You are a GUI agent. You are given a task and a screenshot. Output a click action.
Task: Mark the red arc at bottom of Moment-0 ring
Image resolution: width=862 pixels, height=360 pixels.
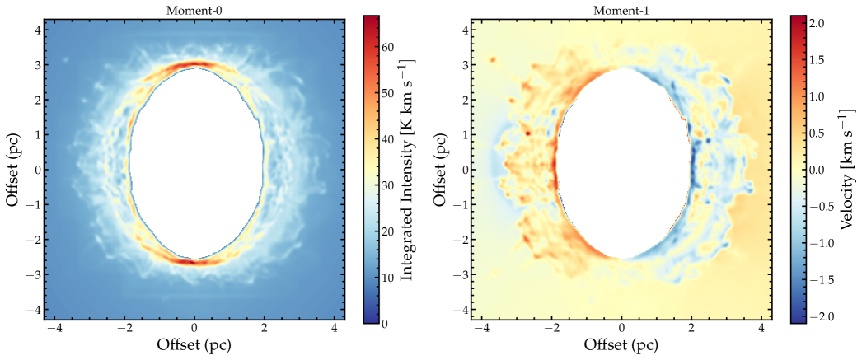[194, 262]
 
